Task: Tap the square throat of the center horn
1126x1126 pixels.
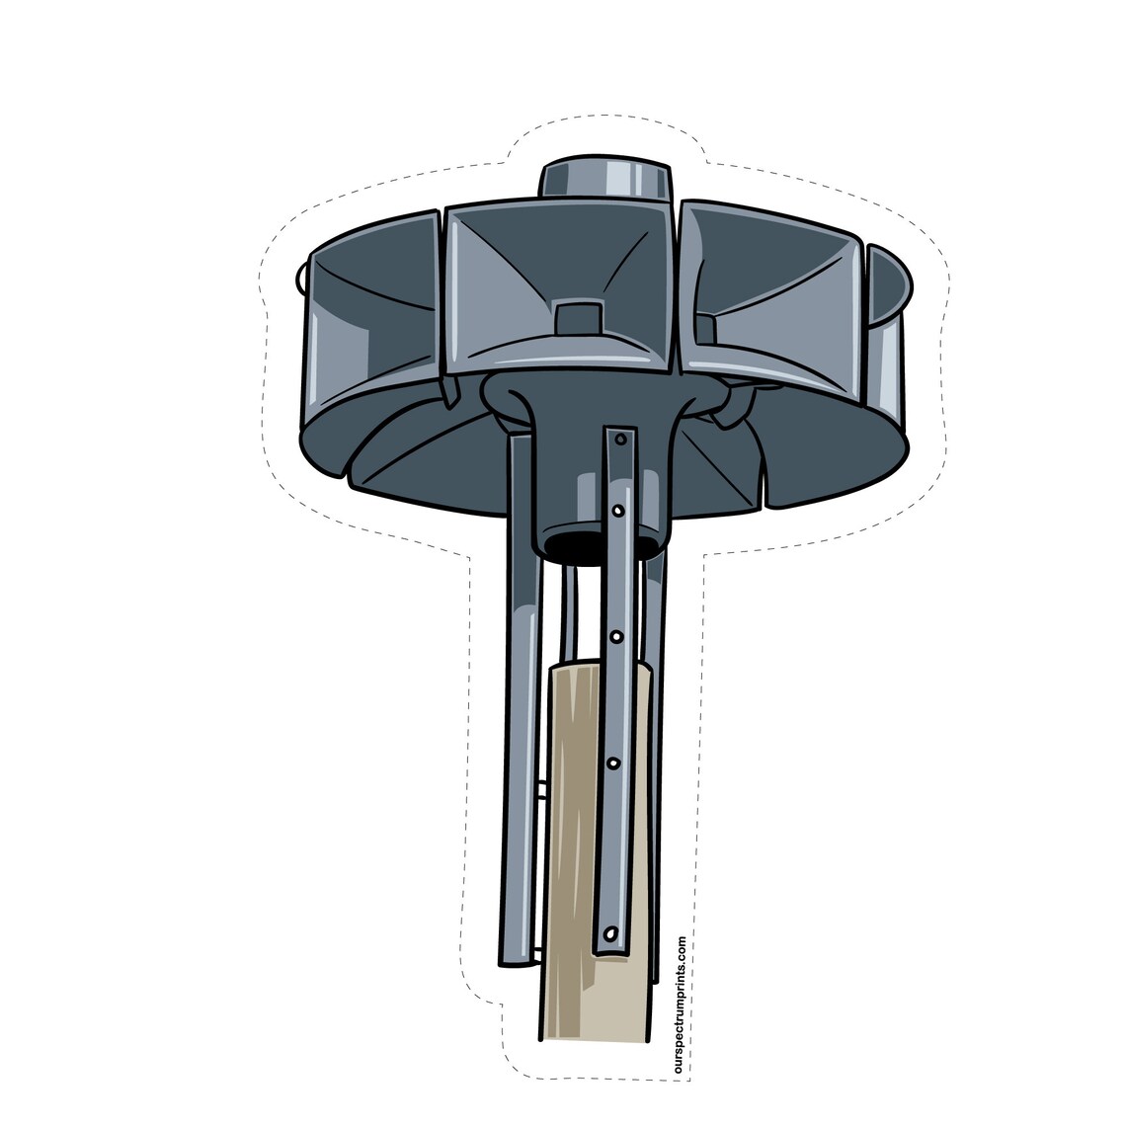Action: tap(579, 318)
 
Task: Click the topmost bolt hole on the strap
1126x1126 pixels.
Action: tap(620, 438)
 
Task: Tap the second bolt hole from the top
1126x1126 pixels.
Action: tap(617, 510)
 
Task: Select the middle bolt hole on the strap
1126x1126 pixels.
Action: tap(616, 636)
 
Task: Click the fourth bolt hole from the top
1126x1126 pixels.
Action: tap(613, 763)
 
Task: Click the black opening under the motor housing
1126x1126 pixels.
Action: tap(585, 542)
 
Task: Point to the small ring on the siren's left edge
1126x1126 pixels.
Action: tap(300, 278)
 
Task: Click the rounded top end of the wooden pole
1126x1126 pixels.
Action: tap(593, 669)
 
